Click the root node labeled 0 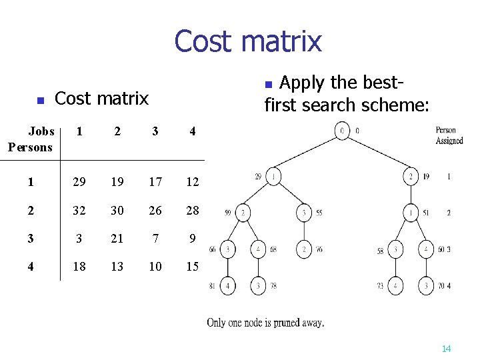pyautogui.click(x=341, y=130)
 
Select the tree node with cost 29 pyautogui.click(x=273, y=177)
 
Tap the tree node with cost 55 pyautogui.click(x=304, y=213)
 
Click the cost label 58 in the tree pyautogui.click(x=381, y=251)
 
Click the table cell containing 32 pyautogui.click(x=79, y=211)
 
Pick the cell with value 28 pyautogui.click(x=192, y=211)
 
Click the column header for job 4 pyautogui.click(x=192, y=131)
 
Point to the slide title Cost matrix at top pyautogui.click(x=247, y=41)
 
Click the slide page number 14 pyautogui.click(x=446, y=349)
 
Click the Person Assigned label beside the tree pyautogui.click(x=449, y=135)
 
